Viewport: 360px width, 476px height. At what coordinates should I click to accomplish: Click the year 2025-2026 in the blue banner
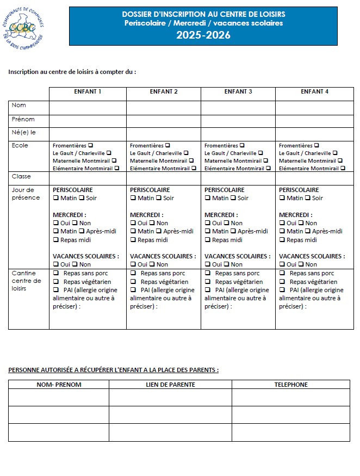(203, 36)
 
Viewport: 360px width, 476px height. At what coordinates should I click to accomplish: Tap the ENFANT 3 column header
(238, 91)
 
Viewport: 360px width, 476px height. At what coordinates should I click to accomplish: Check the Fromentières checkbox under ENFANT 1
(91, 145)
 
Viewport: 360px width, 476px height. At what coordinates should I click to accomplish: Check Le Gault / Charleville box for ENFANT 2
(186, 153)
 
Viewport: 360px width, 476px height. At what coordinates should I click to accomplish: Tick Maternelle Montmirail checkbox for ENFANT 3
(265, 160)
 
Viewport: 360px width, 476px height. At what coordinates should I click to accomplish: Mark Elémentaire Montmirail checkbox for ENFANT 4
(343, 168)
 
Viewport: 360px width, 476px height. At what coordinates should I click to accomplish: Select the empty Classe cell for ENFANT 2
(164, 177)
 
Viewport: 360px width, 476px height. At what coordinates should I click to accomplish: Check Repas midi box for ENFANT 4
(282, 240)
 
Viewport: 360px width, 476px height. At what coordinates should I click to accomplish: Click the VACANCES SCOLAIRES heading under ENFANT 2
(163, 256)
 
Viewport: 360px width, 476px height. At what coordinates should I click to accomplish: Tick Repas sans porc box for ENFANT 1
(55, 273)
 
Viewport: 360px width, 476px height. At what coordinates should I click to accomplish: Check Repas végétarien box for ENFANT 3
(207, 282)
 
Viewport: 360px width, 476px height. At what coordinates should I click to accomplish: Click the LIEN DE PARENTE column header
(170, 385)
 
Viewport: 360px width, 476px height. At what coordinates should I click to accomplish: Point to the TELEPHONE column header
(291, 385)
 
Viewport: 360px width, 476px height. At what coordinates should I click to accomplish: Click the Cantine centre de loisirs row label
(26, 281)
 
